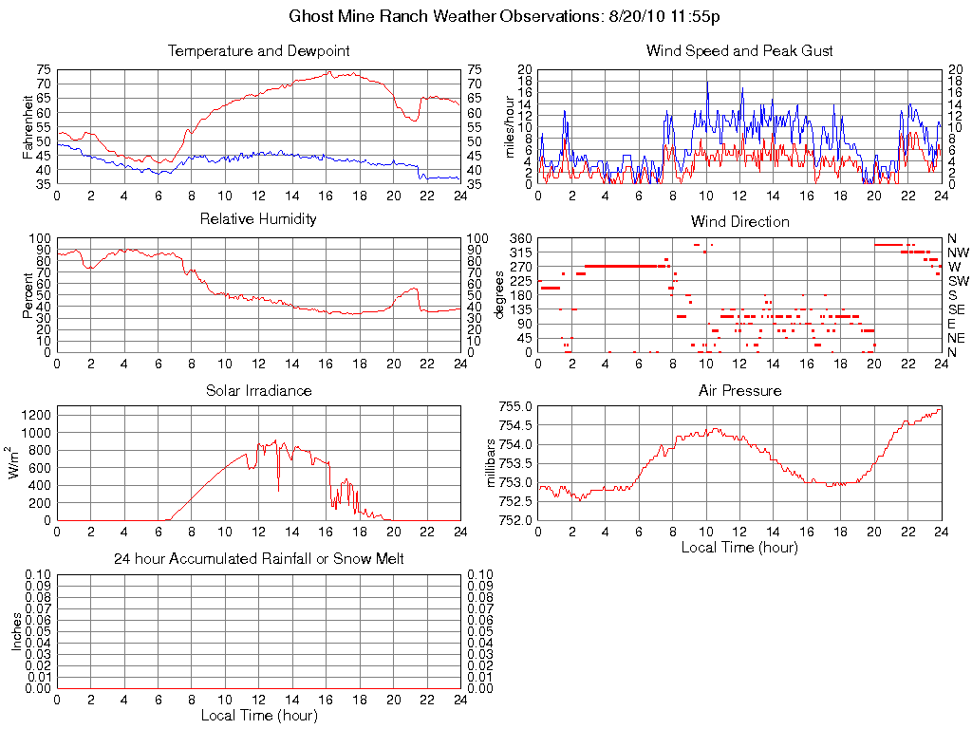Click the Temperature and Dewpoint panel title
click(258, 50)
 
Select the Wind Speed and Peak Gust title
click(739, 50)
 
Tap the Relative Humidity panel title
click(258, 219)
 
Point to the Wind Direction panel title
click(739, 221)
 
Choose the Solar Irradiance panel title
click(258, 390)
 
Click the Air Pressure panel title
click(739, 390)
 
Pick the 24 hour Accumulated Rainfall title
click(258, 559)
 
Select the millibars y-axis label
click(490, 463)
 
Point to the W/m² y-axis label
click(15, 462)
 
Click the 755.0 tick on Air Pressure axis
click(516, 407)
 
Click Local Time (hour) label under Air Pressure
click(739, 547)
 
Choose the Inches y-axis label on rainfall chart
click(15, 631)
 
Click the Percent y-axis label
click(28, 294)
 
